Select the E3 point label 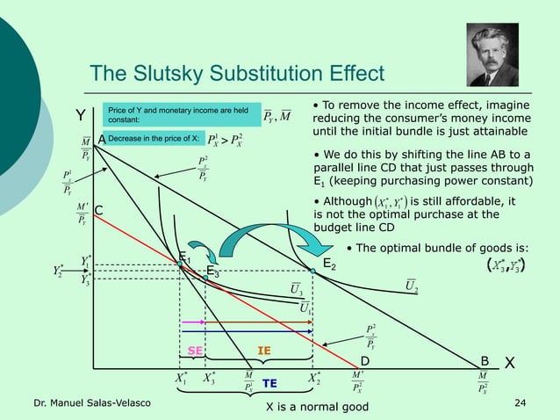click(x=213, y=272)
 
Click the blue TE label click(x=270, y=384)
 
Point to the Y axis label click(x=79, y=115)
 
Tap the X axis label click(x=510, y=363)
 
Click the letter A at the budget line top click(x=102, y=139)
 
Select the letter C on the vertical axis click(x=99, y=210)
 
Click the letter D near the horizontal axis click(x=365, y=361)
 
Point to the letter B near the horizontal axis click(x=484, y=360)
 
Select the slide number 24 click(x=521, y=402)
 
